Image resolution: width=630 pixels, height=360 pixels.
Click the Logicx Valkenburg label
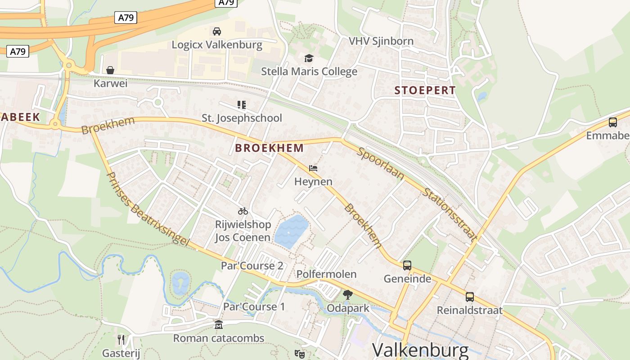[x=217, y=45]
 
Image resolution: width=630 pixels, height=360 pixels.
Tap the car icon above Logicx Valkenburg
[x=217, y=31]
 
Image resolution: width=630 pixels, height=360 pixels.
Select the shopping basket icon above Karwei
[x=110, y=70]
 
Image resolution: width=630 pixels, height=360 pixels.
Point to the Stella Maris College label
[x=309, y=72]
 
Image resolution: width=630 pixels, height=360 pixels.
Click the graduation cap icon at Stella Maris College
[x=309, y=58]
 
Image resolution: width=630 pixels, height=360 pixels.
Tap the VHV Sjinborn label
[x=381, y=41]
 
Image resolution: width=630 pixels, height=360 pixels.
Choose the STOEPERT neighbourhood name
[x=425, y=90]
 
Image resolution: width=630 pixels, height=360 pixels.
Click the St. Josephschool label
[x=242, y=118]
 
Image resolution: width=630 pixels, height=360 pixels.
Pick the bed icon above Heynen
[x=314, y=169]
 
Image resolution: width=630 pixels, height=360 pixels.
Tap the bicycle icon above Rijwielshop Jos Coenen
[x=243, y=211]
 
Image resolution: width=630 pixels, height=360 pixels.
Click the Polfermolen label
[x=326, y=274]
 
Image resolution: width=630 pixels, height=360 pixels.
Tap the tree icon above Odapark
[x=347, y=295]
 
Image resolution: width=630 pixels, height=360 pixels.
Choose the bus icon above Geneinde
[x=407, y=265]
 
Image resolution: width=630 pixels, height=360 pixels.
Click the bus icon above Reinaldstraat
[x=470, y=297]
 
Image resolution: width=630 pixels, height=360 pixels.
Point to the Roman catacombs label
[x=219, y=338]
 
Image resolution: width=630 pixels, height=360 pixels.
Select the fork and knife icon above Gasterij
[x=121, y=340]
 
